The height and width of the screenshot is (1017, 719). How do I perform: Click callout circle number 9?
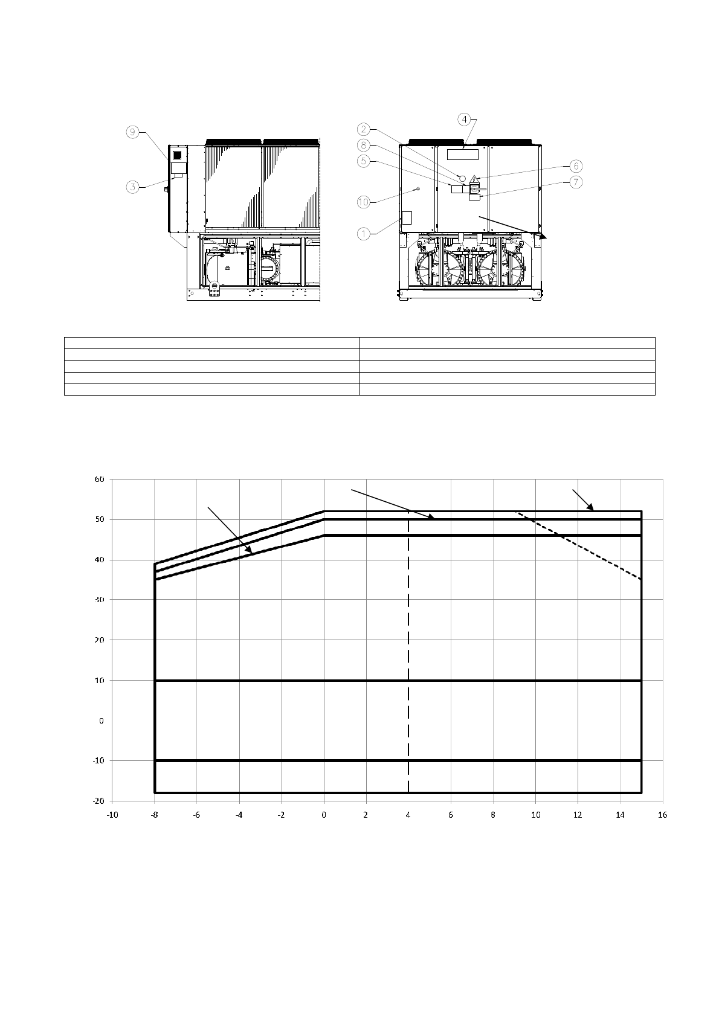(132, 132)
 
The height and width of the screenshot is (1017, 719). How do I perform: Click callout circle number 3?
(133, 187)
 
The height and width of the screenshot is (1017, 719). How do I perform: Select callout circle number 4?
(464, 120)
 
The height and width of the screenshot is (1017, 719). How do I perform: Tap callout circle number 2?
(363, 129)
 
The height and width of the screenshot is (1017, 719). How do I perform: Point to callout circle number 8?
(363, 146)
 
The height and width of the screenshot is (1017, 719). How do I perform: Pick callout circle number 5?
(363, 161)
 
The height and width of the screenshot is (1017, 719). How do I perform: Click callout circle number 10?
(363, 202)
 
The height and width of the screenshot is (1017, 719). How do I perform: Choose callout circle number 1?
(363, 234)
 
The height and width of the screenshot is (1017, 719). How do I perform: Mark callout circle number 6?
(576, 166)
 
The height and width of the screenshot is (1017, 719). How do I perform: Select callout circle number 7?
(576, 182)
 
